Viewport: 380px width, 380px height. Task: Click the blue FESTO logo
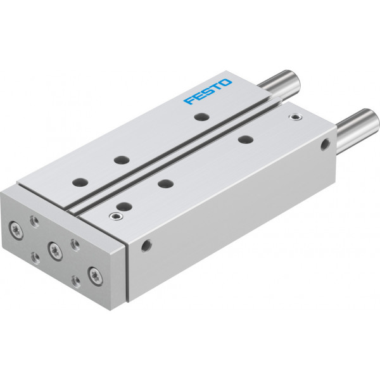208,91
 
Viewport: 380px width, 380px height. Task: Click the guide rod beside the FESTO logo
279,85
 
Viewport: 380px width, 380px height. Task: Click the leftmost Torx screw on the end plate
16,230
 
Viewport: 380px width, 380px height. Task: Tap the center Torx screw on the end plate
55,251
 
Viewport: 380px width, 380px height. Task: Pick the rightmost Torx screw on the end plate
95,276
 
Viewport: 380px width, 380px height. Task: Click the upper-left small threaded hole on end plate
34,221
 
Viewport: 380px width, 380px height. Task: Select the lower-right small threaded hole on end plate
76,281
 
